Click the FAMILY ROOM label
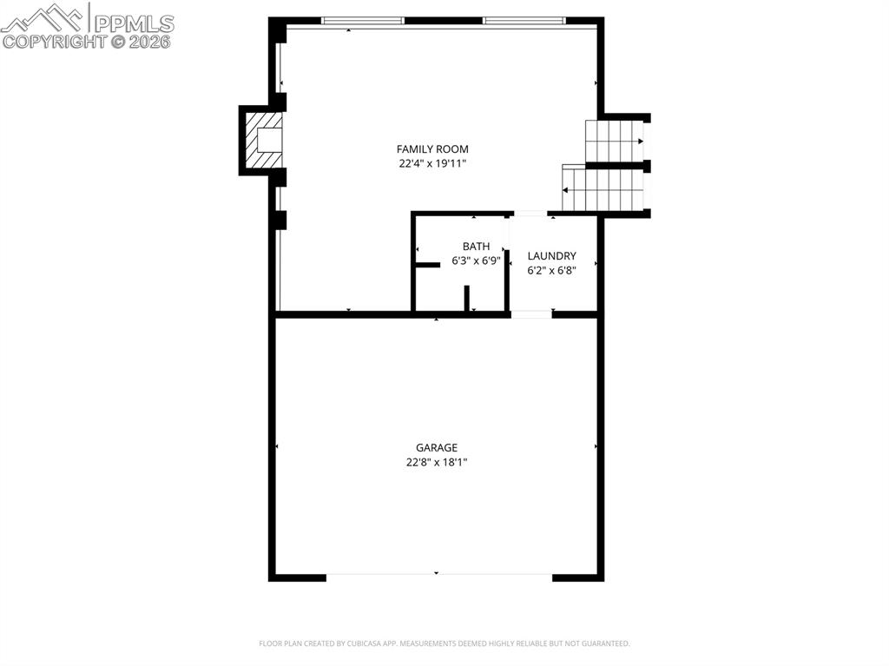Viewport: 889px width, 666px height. click(x=432, y=149)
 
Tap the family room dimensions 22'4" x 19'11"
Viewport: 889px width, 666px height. click(x=432, y=163)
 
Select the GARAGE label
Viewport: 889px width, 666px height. click(x=436, y=448)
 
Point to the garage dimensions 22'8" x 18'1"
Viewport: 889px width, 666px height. click(x=436, y=462)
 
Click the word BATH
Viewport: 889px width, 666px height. click(x=476, y=247)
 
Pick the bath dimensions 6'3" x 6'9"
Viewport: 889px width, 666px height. click(x=476, y=260)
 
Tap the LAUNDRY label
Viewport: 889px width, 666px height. click(x=552, y=256)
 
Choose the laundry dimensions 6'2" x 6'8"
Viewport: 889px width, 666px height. click(x=552, y=270)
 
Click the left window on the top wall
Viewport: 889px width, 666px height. click(x=363, y=20)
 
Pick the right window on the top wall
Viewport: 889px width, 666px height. click(x=524, y=20)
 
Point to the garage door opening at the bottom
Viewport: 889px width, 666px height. click(x=439, y=576)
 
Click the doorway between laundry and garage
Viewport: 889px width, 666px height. click(x=531, y=314)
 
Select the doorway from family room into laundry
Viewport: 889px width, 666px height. click(x=530, y=214)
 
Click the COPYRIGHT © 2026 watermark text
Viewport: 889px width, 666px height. click(x=87, y=41)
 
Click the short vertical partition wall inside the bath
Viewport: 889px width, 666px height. click(x=466, y=297)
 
